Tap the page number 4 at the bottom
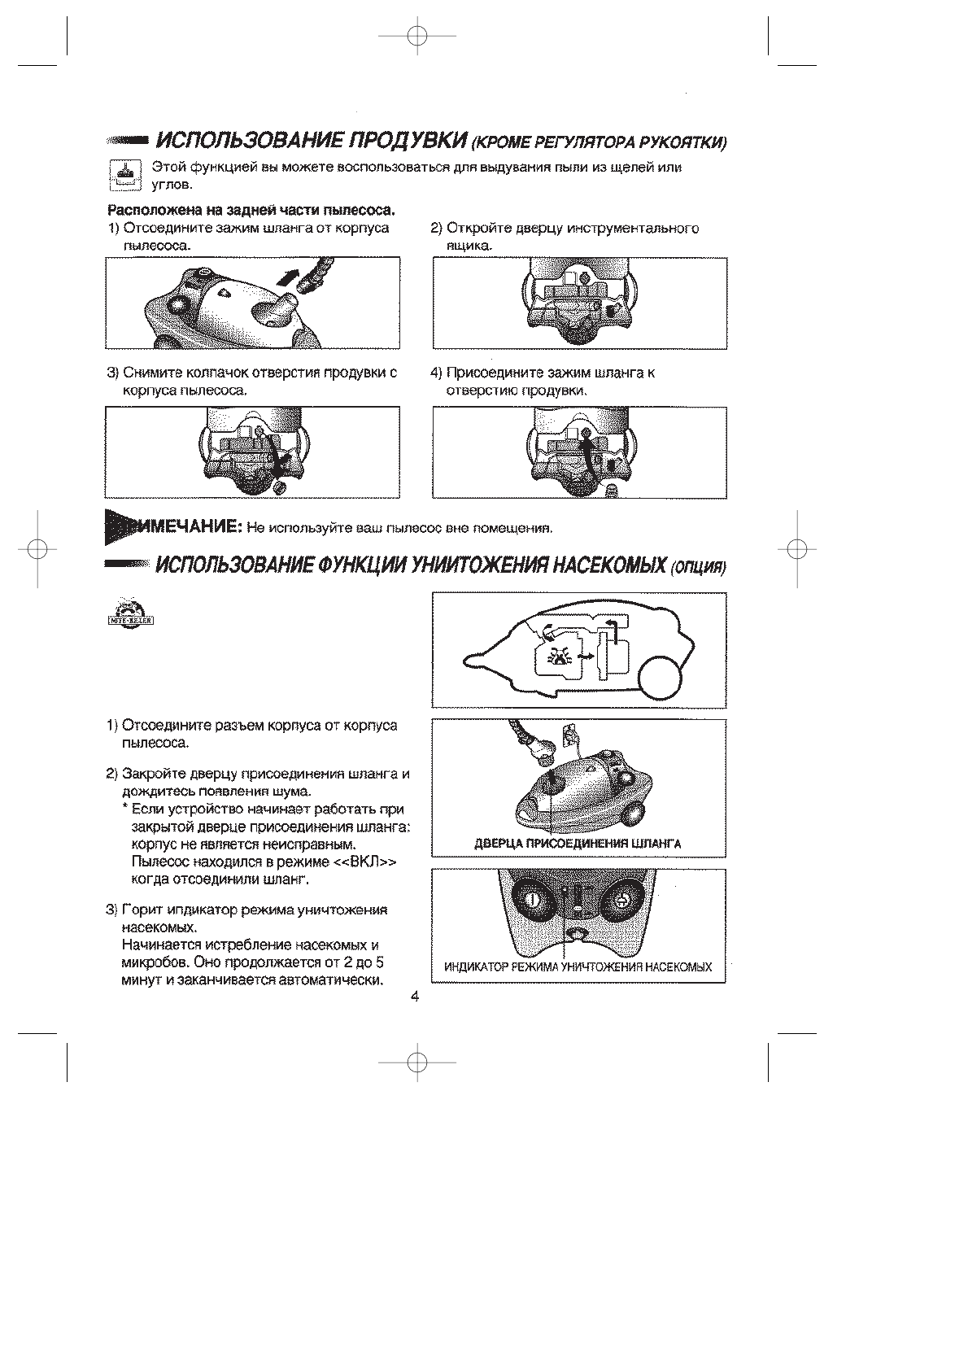[x=414, y=997]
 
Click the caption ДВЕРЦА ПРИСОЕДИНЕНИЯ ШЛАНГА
[x=578, y=844]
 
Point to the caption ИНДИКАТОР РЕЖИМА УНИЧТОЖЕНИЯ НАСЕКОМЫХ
[x=578, y=967]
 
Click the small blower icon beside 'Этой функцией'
[x=125, y=175]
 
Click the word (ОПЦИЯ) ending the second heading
[x=697, y=567]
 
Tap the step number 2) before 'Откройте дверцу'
[x=436, y=228]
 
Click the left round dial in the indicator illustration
[x=530, y=901]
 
